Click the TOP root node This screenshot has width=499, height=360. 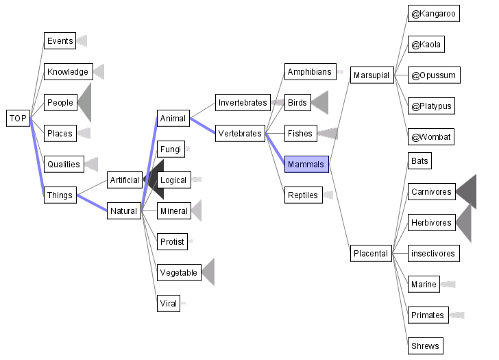[18, 119]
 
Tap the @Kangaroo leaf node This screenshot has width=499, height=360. [433, 14]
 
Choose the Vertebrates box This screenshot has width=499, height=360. [240, 134]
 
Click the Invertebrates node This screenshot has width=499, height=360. [243, 103]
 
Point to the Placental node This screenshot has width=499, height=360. [371, 254]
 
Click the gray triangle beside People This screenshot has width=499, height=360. [85, 103]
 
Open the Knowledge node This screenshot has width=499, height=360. [67, 72]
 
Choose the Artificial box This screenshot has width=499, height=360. [125, 180]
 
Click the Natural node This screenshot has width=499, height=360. [125, 211]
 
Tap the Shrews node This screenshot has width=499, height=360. [424, 346]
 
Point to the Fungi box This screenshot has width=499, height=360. [170, 149]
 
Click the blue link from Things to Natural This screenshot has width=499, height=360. [91, 203]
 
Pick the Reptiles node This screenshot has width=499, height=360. [302, 195]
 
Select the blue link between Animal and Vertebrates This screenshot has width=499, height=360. [202, 126]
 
